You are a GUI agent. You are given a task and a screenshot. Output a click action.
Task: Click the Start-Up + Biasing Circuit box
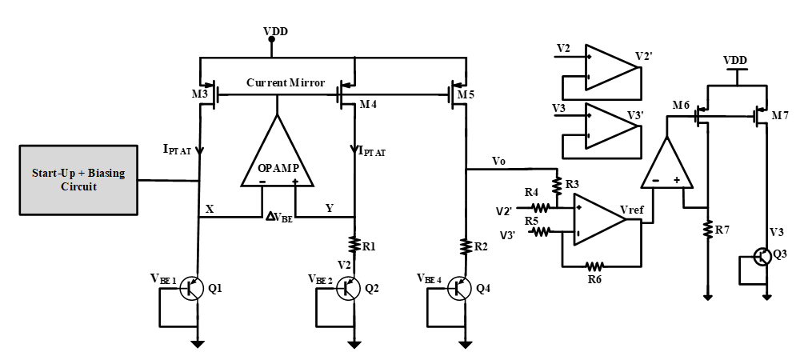tap(78, 180)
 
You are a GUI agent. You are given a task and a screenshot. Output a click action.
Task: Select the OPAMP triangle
tap(277, 155)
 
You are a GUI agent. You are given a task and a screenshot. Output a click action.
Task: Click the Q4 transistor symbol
tap(458, 288)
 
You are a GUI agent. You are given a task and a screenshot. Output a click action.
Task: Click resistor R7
tap(707, 230)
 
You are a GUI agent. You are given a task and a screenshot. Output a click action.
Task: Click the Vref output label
tap(634, 210)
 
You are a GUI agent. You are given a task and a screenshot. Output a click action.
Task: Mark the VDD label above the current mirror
tap(274, 31)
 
